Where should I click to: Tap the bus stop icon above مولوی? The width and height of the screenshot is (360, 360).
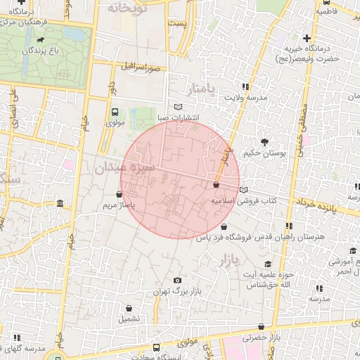[115, 112]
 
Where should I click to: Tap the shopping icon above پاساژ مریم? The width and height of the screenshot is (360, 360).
[117, 194]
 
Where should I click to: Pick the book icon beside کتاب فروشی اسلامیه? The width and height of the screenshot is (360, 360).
[243, 190]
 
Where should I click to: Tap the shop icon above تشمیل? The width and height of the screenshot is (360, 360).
[129, 308]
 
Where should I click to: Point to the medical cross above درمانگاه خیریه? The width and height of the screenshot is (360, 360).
[307, 37]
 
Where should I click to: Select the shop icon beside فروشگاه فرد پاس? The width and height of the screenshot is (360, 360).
[224, 227]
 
